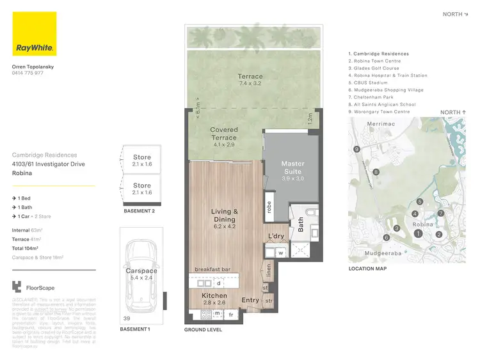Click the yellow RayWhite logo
click(x=34, y=34)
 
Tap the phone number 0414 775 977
click(x=28, y=74)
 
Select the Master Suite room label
click(x=293, y=168)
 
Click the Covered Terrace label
click(x=223, y=134)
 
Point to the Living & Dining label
click(x=225, y=215)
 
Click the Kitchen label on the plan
click(x=214, y=297)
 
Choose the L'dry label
click(x=276, y=237)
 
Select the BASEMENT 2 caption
click(x=140, y=210)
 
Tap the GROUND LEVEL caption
click(x=203, y=330)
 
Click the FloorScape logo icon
click(x=17, y=287)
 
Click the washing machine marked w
click(x=281, y=253)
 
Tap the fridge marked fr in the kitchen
click(x=230, y=314)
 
